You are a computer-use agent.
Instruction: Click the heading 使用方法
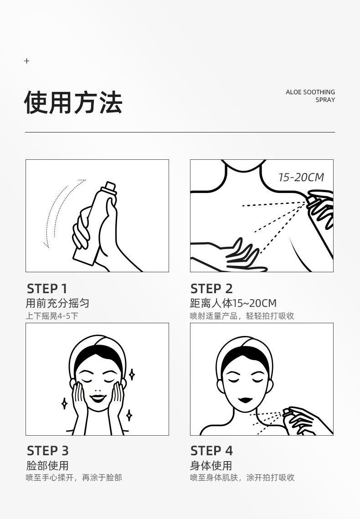[73, 102]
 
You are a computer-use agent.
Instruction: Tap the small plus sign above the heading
[27, 61]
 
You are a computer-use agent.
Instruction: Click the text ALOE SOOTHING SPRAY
[310, 96]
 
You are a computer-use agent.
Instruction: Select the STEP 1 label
[47, 289]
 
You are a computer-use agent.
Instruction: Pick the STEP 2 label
[211, 289]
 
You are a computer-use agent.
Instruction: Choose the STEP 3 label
[48, 451]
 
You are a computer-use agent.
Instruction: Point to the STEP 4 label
[211, 451]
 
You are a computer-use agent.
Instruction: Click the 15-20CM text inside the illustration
[301, 178]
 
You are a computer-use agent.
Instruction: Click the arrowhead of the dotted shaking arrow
[46, 245]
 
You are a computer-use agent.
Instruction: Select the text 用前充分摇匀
[57, 303]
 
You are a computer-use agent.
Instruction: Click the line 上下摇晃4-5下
[51, 316]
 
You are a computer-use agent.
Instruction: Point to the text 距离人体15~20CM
[233, 303]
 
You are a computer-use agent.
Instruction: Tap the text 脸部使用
[47, 465]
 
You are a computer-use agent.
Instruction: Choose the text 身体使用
[211, 465]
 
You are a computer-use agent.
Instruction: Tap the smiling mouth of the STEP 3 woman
[98, 397]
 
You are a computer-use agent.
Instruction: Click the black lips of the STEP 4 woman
[245, 400]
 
